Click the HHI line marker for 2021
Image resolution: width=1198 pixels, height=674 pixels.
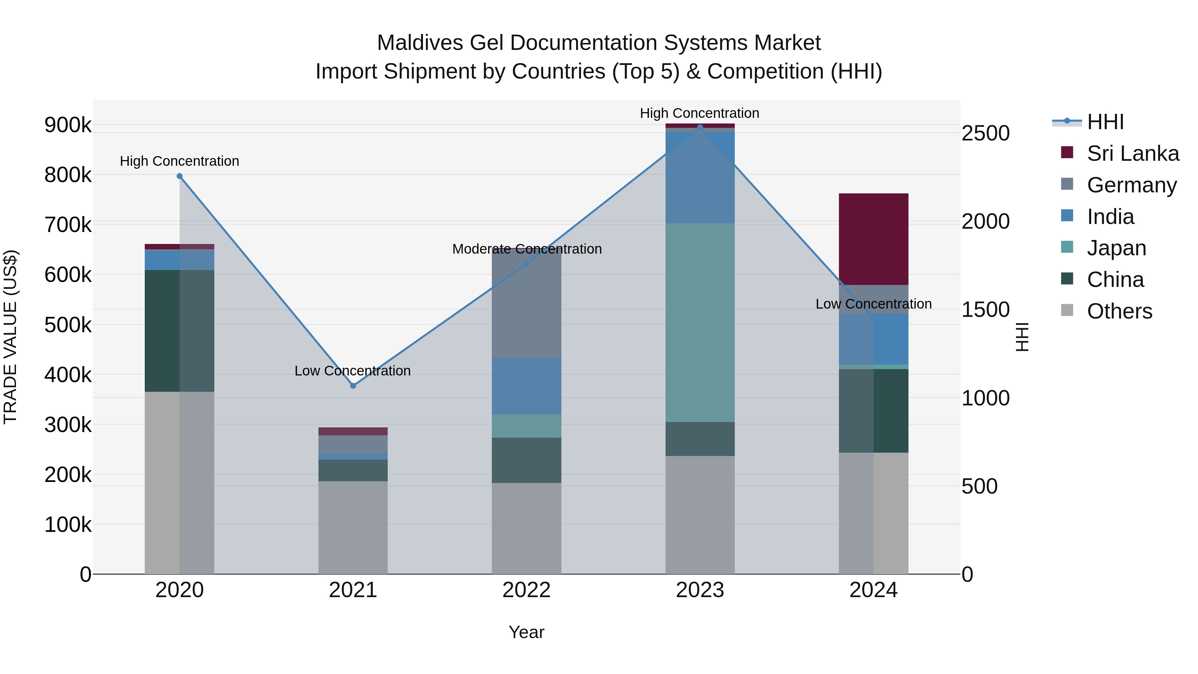pos(353,386)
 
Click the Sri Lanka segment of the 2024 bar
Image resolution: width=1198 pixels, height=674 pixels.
pos(874,239)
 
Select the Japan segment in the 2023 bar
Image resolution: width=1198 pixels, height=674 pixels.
pos(700,322)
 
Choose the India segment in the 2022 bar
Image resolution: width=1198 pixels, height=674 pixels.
pos(526,386)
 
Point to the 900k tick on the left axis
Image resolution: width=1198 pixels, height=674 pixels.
pos(68,125)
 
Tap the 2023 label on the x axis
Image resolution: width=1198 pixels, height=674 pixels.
pos(700,590)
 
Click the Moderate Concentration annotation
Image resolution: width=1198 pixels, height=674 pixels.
pos(526,249)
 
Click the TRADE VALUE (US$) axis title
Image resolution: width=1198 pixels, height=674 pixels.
pos(10,337)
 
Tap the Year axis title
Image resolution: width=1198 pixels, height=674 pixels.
pos(526,632)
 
